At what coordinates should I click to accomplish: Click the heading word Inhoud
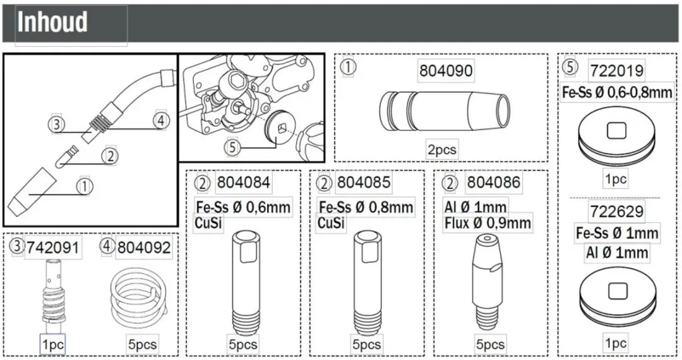[x=52, y=21]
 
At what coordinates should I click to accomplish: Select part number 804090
[x=446, y=71]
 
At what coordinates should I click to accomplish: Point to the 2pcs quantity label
[x=442, y=150]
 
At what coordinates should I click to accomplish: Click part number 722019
[x=617, y=71]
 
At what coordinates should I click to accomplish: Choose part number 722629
[x=617, y=212]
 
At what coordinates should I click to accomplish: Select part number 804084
[x=244, y=182]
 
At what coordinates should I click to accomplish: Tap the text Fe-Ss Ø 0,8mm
[x=366, y=207]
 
